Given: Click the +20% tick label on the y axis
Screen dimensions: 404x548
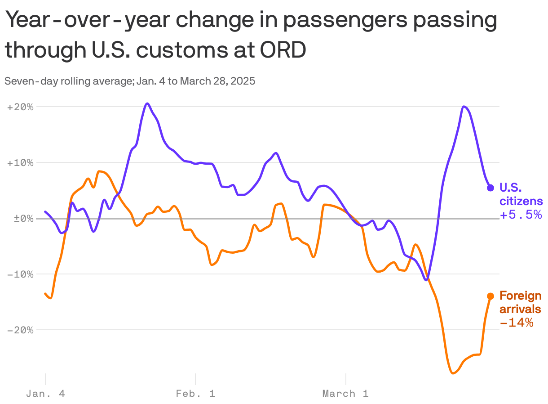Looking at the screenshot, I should (21, 107).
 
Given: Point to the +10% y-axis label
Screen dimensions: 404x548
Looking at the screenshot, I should (21, 163).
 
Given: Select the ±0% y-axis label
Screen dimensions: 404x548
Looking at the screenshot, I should (21, 219).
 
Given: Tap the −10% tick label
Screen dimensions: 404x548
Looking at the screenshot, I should (21, 274).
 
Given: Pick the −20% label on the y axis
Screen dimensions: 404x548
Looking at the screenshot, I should (21, 330).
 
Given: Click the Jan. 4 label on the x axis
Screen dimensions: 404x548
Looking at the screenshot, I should (45, 394).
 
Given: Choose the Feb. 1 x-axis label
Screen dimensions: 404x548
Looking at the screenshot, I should (195, 394).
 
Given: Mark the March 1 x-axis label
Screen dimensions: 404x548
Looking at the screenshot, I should (345, 394).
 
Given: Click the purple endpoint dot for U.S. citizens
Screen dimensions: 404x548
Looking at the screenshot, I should (491, 188).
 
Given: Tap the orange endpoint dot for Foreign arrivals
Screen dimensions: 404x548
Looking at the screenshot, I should (491, 296).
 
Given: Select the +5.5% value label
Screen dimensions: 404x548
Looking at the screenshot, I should (521, 215).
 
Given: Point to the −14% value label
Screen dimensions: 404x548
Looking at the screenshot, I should (517, 323).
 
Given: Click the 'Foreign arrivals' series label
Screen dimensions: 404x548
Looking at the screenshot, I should (520, 302).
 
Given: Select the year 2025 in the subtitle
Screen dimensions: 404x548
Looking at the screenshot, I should (243, 81).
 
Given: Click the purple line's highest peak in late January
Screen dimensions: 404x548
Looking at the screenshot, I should (147, 103).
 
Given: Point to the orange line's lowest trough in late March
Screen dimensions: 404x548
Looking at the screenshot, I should (453, 373).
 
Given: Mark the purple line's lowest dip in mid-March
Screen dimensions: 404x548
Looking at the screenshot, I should (426, 280).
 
